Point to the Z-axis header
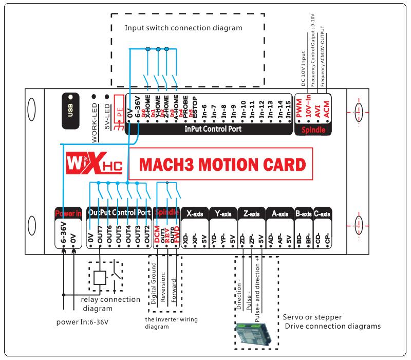click(251, 212)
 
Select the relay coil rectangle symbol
click(100, 278)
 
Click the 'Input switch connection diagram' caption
click(183, 27)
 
